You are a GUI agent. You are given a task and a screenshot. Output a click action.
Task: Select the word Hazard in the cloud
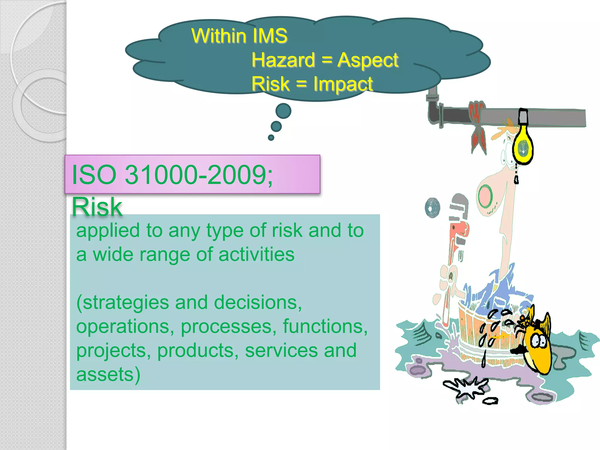point(283,60)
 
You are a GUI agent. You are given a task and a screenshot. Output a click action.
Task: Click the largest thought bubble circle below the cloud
point(283,111)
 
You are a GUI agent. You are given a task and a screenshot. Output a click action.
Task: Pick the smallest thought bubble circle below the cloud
point(271,137)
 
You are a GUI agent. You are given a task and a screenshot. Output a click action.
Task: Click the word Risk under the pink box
point(97,207)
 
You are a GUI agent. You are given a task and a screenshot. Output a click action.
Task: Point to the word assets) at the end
point(108,374)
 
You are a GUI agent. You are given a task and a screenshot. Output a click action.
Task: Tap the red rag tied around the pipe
point(478,123)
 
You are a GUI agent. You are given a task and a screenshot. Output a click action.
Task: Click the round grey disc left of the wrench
point(432,208)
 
